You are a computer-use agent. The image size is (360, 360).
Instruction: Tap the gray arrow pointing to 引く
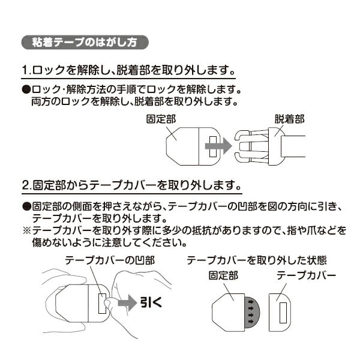[x=127, y=304]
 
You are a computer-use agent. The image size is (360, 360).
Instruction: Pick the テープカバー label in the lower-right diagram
[x=306, y=277]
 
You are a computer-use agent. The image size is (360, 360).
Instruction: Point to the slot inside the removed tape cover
[x=283, y=310]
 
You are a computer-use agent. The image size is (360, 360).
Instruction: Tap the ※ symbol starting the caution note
[x=26, y=230]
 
